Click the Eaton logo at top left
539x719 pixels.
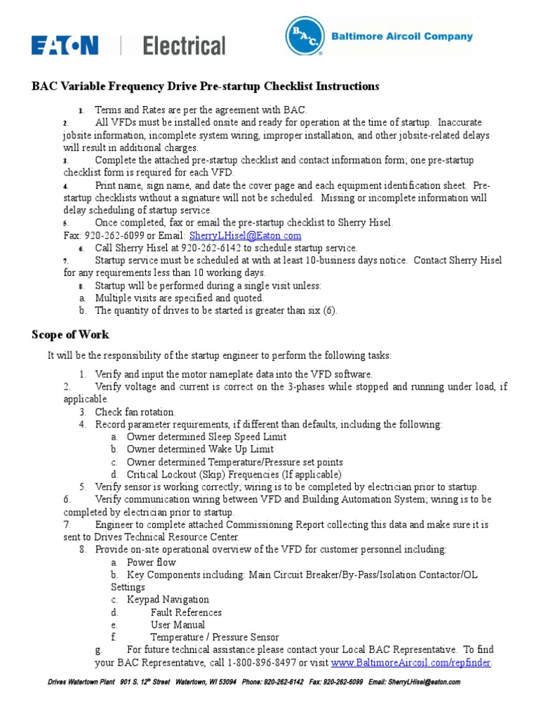pos(64,46)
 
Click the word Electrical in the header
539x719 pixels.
pos(185,46)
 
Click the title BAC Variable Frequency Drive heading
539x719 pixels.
pos(205,86)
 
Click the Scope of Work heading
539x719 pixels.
pos(70,335)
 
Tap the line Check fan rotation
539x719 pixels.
pos(135,412)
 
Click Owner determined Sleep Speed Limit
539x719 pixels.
pos(206,437)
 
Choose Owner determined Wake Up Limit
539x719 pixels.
pos(200,449)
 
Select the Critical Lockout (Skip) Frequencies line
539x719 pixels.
pos(234,475)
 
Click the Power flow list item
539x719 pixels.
pos(151,562)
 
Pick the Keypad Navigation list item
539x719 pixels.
pos(168,600)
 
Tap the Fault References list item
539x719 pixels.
pos(186,612)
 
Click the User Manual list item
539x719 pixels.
pos(178,625)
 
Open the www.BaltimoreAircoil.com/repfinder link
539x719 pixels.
pos(411,663)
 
